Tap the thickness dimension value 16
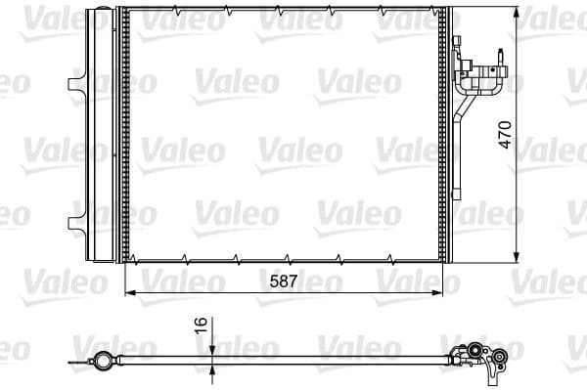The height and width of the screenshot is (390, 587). pyautogui.click(x=201, y=325)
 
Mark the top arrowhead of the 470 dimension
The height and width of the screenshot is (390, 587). pyautogui.click(x=517, y=12)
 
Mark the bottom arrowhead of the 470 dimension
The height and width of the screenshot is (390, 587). pyautogui.click(x=517, y=255)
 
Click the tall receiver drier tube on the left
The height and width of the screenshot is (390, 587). pyautogui.click(x=99, y=134)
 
